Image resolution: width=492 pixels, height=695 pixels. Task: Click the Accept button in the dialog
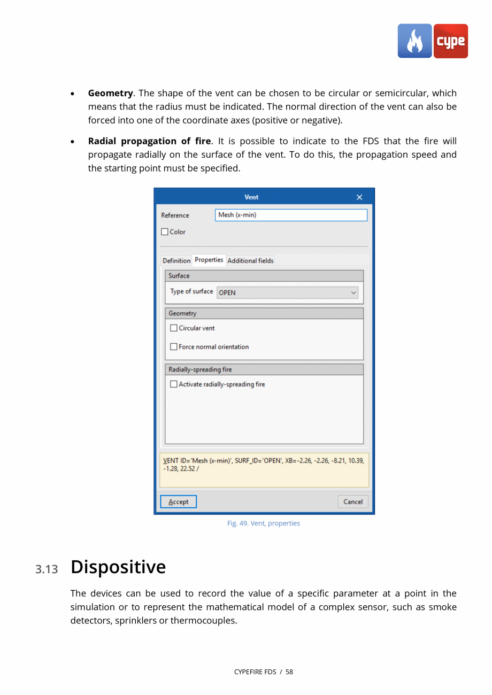pos(178,501)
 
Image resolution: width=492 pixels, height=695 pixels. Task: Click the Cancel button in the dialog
pos(352,501)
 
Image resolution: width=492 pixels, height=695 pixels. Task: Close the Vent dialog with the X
pos(359,197)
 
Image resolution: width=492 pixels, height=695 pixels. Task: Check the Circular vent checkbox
pos(174,328)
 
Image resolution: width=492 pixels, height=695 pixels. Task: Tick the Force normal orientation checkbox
pos(174,347)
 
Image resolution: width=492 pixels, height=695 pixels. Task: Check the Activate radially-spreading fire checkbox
pos(174,384)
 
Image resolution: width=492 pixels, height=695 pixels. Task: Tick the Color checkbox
pos(165,232)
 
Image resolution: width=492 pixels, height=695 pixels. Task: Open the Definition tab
pos(176,261)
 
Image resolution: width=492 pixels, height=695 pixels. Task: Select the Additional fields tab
pos(250,261)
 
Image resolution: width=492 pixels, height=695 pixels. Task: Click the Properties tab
pos(209,260)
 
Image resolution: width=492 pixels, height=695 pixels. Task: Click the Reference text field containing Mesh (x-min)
pos(291,215)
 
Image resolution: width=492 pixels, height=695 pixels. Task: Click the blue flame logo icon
pos(414,41)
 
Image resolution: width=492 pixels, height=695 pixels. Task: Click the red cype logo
pos(450,41)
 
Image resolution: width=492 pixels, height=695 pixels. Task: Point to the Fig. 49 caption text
pos(263,523)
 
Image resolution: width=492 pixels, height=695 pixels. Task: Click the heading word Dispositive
pos(118,567)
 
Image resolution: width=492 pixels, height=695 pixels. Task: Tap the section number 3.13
pos(47,569)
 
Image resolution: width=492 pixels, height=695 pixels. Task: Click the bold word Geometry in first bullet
pos(110,94)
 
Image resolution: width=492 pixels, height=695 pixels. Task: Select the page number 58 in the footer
pos(289,672)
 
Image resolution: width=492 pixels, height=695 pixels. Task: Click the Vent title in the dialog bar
pos(251,197)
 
